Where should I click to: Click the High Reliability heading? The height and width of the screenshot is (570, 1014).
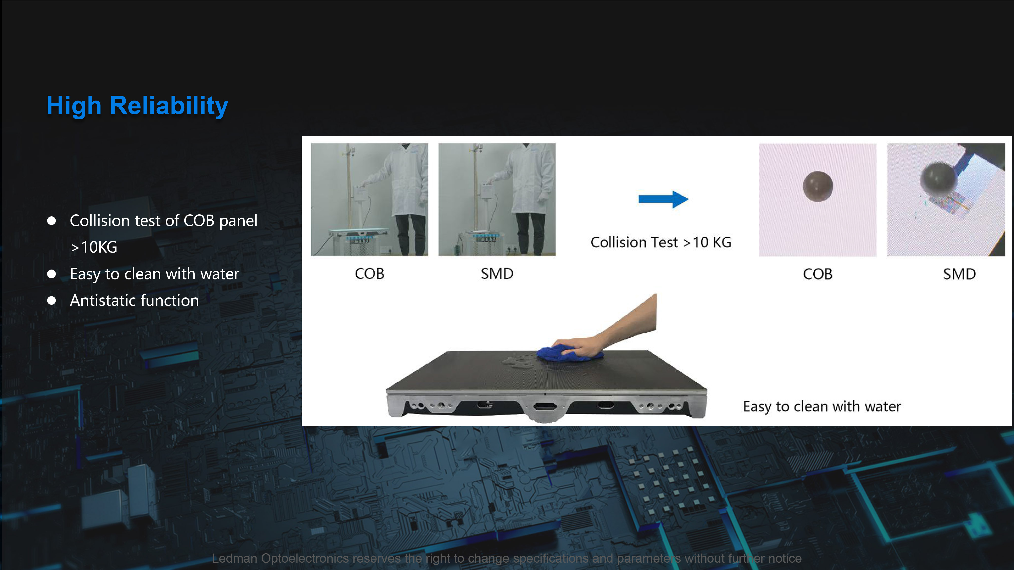(x=137, y=105)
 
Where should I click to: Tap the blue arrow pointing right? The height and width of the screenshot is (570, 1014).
(x=663, y=199)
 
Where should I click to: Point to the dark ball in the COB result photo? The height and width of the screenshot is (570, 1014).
(x=818, y=186)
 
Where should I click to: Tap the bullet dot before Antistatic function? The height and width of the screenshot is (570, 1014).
(x=51, y=300)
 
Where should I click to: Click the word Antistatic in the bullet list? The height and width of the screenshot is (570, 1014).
(x=103, y=300)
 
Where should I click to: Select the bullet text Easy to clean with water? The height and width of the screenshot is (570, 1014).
(x=154, y=274)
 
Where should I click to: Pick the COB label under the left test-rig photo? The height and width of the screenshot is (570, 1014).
(x=369, y=274)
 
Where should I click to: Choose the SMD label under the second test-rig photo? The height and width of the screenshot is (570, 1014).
(x=497, y=274)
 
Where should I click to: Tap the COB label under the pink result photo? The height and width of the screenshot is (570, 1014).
(x=818, y=274)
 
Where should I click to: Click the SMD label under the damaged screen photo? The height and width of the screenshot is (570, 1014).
(x=959, y=274)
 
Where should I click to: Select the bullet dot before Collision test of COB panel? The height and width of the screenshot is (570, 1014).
(x=51, y=221)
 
